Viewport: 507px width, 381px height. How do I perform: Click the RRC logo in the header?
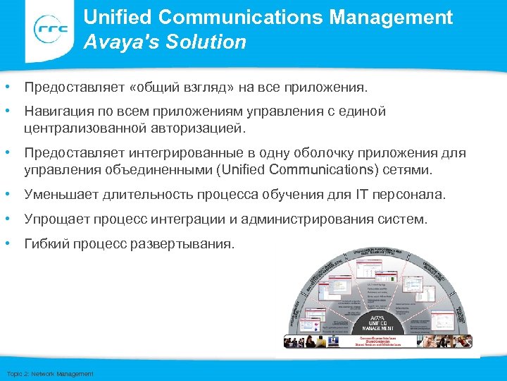coord(49,30)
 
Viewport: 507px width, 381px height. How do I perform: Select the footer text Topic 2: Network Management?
coord(49,373)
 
